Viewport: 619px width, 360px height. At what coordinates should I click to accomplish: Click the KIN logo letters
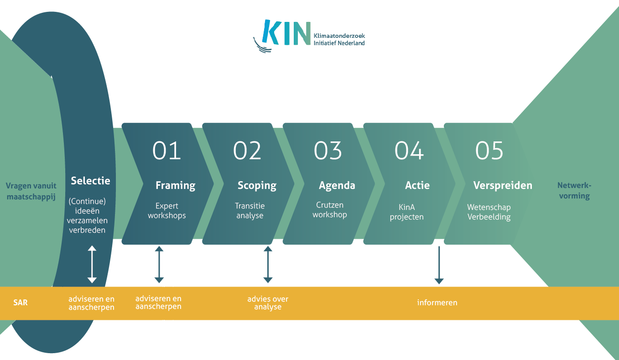286,32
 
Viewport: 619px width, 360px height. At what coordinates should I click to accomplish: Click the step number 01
166,151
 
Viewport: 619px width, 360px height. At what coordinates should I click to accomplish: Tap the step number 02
247,151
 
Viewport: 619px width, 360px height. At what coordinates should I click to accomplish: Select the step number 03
328,151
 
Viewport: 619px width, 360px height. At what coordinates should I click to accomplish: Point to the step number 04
409,151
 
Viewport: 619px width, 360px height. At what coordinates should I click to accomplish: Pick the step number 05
489,151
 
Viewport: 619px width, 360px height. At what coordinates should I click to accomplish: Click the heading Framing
176,186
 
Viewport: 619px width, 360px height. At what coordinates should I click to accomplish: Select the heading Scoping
257,186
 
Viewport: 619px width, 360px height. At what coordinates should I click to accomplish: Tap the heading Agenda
337,186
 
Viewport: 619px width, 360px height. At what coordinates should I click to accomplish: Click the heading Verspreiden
503,185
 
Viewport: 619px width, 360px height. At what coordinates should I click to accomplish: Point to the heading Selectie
90,181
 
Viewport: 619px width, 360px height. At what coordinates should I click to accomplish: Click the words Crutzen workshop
330,210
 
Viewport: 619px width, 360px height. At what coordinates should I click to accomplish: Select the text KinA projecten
406,212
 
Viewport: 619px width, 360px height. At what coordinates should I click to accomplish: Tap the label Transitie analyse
250,211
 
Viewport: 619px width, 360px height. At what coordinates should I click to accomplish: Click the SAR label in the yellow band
21,303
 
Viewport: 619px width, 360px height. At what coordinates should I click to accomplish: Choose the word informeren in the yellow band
437,303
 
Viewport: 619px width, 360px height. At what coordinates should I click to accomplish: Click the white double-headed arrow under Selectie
92,264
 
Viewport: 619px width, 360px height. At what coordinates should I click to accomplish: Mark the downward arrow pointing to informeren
439,265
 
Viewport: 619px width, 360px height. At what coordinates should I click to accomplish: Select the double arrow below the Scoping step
268,265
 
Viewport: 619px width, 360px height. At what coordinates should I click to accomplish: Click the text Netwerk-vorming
574,191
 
